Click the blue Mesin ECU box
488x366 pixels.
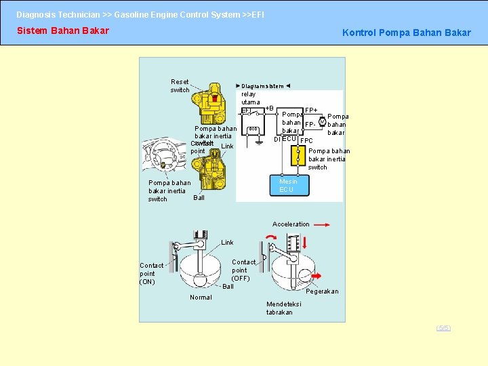click(x=286, y=185)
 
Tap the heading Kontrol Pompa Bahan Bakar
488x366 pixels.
click(x=406, y=33)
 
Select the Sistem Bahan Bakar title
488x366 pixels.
click(x=62, y=30)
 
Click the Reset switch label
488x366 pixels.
click(x=180, y=86)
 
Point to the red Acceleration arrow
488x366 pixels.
click(x=322, y=224)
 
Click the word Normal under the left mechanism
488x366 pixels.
click(x=201, y=298)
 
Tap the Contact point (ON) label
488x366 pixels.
click(x=147, y=274)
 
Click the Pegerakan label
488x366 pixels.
click(x=322, y=291)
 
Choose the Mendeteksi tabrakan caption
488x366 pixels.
click(x=279, y=308)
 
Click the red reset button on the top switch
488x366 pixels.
click(x=215, y=99)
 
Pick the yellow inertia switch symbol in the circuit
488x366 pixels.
click(x=296, y=155)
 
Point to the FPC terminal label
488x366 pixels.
click(x=306, y=141)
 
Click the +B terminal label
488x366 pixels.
click(x=269, y=108)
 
